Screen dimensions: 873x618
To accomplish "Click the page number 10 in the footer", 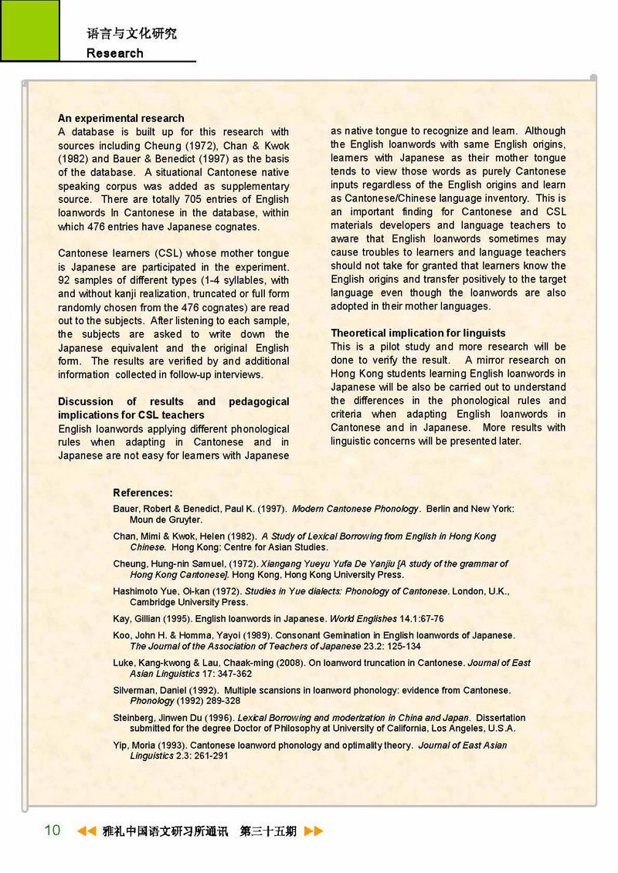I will tap(53, 831).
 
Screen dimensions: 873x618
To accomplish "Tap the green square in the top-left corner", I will tap(29, 30).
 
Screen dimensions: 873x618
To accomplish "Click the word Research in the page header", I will tap(115, 53).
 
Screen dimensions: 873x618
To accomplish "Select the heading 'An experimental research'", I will tap(121, 118).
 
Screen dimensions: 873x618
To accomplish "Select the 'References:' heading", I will tap(143, 492).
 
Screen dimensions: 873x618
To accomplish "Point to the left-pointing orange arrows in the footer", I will tap(86, 831).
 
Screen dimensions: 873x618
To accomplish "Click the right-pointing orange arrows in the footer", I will tap(314, 831).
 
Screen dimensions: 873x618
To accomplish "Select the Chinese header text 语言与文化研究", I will tap(131, 34).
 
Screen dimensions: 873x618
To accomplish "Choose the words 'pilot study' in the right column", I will tap(395, 347).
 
